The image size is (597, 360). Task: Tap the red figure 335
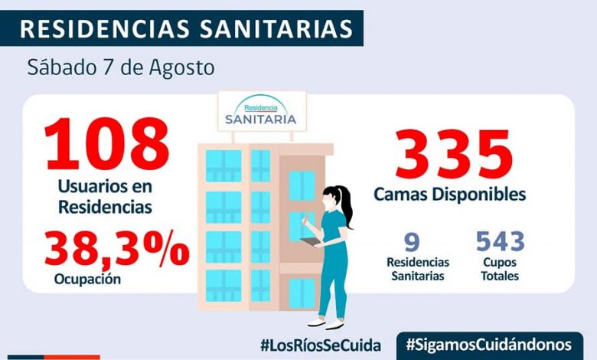(x=453, y=154)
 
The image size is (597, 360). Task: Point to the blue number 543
(x=501, y=241)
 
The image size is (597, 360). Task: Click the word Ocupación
(x=87, y=280)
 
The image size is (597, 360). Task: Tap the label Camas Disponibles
(x=450, y=194)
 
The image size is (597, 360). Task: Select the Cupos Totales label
(x=501, y=268)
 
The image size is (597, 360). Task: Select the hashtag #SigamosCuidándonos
(x=490, y=344)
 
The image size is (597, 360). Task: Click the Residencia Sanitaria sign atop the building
(x=261, y=112)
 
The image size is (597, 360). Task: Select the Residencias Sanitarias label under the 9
(x=413, y=268)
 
